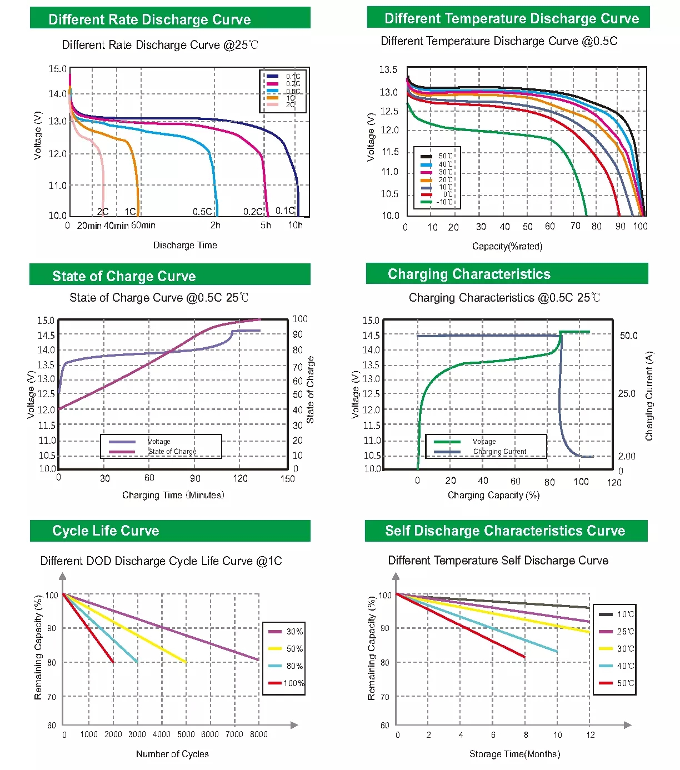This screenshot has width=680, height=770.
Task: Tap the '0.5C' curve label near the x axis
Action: pyautogui.click(x=202, y=212)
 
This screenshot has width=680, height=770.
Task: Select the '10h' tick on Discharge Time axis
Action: pyautogui.click(x=295, y=225)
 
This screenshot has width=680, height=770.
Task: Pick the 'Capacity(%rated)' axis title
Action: pyautogui.click(x=507, y=246)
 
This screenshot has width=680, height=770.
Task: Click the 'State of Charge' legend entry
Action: pyautogui.click(x=172, y=452)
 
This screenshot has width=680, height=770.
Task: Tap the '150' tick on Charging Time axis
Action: pyautogui.click(x=287, y=479)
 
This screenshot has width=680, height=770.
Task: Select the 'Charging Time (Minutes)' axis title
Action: pyautogui.click(x=173, y=495)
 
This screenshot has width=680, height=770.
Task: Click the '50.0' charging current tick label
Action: pyautogui.click(x=629, y=336)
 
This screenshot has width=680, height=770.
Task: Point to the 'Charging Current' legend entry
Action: pyautogui.click(x=499, y=452)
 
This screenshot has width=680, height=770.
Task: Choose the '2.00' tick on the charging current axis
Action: pyautogui.click(x=627, y=456)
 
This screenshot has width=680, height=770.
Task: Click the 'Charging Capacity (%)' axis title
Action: pyautogui.click(x=493, y=495)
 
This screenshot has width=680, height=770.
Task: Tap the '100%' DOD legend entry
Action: pyautogui.click(x=293, y=683)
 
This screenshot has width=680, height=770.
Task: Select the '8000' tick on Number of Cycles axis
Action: pyautogui.click(x=258, y=734)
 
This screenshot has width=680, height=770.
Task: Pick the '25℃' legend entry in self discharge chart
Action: pyautogui.click(x=625, y=632)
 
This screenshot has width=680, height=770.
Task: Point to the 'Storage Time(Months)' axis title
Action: pyautogui.click(x=514, y=754)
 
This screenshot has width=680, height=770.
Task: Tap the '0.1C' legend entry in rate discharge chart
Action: pyautogui.click(x=293, y=77)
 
